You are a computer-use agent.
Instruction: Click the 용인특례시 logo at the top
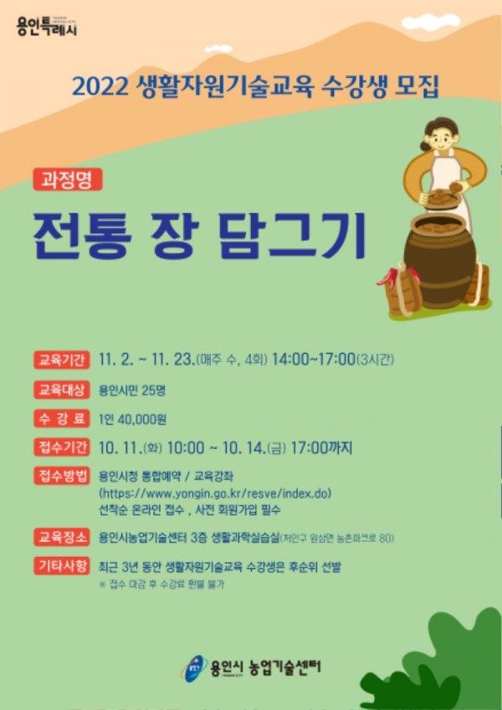click(46, 26)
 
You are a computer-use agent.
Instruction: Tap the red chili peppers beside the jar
click(388, 275)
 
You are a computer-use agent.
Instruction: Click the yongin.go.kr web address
click(215, 493)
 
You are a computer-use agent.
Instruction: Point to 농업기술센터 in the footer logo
click(279, 667)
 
